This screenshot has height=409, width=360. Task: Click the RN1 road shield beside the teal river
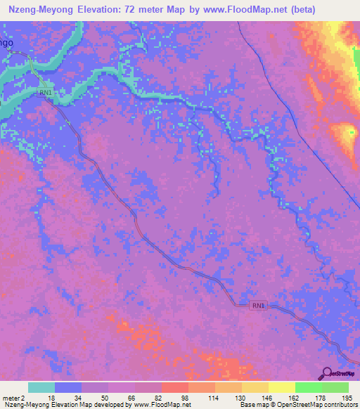(x=46, y=92)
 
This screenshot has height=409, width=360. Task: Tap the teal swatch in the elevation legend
(x=41, y=387)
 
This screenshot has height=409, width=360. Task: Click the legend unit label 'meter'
(x=11, y=398)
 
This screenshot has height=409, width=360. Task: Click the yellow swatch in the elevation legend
(x=281, y=387)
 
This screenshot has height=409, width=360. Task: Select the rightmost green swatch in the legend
(x=335, y=387)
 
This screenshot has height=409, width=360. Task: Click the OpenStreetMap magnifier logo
(x=326, y=373)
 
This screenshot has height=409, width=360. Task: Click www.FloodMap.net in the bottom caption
(x=152, y=405)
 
